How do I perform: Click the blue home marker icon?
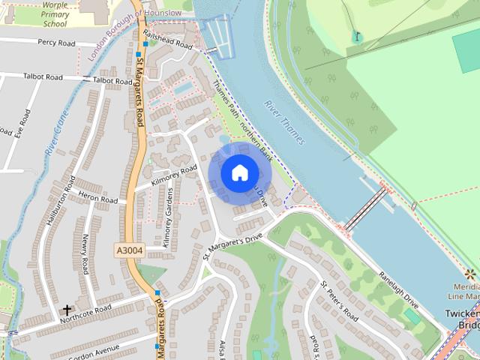[x=239, y=172]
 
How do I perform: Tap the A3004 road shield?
[x=129, y=249]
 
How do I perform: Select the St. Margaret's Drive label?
[x=233, y=247]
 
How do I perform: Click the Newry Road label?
[x=85, y=253]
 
